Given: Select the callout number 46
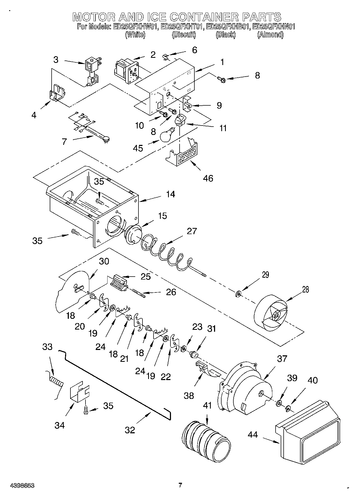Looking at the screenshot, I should tap(208, 178).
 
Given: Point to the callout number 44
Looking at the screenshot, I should tap(252, 435).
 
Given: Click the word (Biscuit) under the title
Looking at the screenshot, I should tap(184, 35).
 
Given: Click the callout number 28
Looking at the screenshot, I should tap(305, 289).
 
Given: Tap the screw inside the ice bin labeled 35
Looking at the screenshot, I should tap(100, 201).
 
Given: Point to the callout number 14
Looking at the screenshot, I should tap(170, 194).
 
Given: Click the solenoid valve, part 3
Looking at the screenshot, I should tap(91, 71).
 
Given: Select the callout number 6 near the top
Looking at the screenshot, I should tap(194, 50).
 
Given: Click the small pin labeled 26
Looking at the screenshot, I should tap(139, 293).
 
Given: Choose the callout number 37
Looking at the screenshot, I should tap(282, 359).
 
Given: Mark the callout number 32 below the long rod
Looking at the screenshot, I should tap(130, 430).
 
